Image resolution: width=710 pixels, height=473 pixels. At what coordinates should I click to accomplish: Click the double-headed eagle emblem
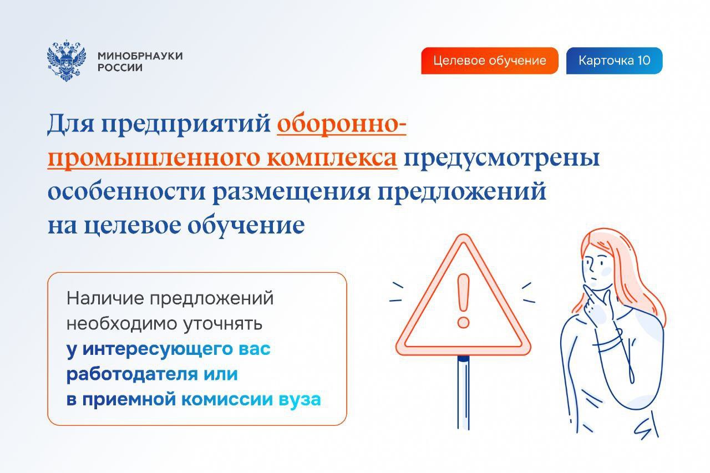pyautogui.click(x=66, y=60)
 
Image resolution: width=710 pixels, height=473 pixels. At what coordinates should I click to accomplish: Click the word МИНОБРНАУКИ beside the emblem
pyautogui.click(x=140, y=56)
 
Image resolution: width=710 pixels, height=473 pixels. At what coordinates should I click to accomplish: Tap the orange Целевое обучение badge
pyautogui.click(x=489, y=60)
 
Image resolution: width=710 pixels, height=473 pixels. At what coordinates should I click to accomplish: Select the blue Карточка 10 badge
pyautogui.click(x=614, y=60)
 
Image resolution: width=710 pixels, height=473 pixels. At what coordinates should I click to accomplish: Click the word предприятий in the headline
pyautogui.click(x=186, y=125)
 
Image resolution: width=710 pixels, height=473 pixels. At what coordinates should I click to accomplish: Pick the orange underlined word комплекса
pyautogui.click(x=332, y=158)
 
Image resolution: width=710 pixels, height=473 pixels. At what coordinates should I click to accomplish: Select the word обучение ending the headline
pyautogui.click(x=246, y=226)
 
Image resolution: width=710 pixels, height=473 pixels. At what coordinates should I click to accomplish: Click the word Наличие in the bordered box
pyautogui.click(x=105, y=298)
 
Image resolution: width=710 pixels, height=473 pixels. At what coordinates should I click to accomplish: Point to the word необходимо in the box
pyautogui.click(x=121, y=323)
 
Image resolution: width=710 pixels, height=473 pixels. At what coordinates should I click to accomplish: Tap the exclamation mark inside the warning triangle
pyautogui.click(x=463, y=301)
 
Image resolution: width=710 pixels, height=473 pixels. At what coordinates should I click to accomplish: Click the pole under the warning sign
pyautogui.click(x=463, y=392)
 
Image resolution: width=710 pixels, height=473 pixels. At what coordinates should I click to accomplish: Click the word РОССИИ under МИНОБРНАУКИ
pyautogui.click(x=120, y=68)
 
